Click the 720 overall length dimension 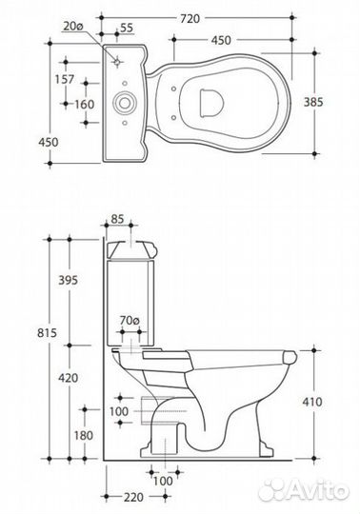tap(190, 19)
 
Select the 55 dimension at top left tap(127, 29)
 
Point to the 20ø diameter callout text tap(72, 27)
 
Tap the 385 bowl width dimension tap(313, 102)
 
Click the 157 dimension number tap(65, 79)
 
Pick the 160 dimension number tap(85, 105)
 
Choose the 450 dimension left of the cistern tap(49, 142)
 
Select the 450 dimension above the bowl tap(221, 40)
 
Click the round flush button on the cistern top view tap(124, 103)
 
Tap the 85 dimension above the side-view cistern tap(117, 219)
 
